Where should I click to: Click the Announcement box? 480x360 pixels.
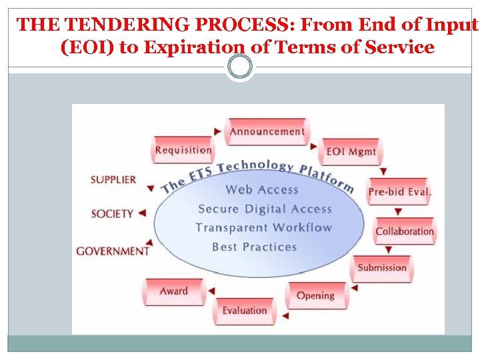point(267,131)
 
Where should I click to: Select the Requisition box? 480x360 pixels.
point(183,150)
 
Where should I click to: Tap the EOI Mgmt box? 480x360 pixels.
point(351,152)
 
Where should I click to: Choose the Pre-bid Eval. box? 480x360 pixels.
point(400,192)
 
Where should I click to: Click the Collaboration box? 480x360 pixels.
point(404,231)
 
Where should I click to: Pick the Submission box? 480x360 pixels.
point(382,268)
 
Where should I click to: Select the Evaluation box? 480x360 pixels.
point(245,311)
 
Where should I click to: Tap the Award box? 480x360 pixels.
point(173,291)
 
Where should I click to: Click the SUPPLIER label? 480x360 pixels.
point(113,179)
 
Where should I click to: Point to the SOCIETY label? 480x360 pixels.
point(112,213)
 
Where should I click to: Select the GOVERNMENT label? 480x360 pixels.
point(113,251)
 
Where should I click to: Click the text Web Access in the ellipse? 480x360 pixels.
point(261,190)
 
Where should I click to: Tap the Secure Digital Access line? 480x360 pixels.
point(265,209)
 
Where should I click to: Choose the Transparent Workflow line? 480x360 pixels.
point(263,227)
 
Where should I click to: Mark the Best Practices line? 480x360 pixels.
point(254,247)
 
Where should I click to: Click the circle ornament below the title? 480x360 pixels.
point(240,66)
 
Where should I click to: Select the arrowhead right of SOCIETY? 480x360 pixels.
point(141,213)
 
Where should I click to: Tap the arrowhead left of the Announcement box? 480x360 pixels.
point(219,131)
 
